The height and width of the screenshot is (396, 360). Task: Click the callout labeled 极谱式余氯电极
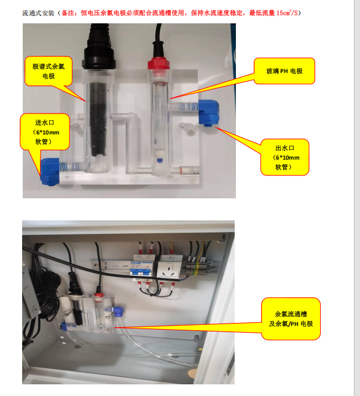pos(49,71)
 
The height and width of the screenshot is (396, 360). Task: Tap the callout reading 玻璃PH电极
pos(284,71)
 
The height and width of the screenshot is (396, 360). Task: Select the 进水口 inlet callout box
pos(45,132)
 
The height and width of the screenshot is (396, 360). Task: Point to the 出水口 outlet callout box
pos(284,157)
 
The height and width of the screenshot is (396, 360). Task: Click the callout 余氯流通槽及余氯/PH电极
pos(291,319)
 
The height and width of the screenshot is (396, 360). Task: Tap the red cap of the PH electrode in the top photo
pos(158,63)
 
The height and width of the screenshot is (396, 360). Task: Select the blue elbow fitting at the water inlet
pos(50,171)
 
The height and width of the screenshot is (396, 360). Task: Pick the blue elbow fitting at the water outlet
pos(208,112)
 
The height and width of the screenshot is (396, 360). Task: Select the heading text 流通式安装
pos(38,13)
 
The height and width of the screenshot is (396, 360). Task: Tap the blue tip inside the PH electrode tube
pos(159,160)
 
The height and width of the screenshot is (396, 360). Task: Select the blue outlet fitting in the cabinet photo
pos(118,311)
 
